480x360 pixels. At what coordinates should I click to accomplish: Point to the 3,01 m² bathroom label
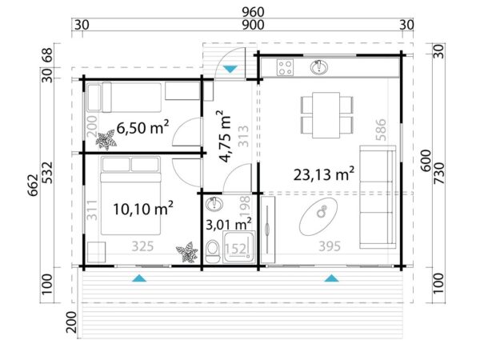click(x=230, y=222)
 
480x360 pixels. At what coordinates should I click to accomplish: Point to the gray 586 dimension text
click(x=382, y=130)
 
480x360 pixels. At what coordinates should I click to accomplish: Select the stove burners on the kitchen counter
click(x=286, y=66)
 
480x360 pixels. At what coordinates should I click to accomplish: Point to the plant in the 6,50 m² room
click(x=106, y=141)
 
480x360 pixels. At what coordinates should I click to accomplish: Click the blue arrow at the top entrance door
click(x=230, y=70)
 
